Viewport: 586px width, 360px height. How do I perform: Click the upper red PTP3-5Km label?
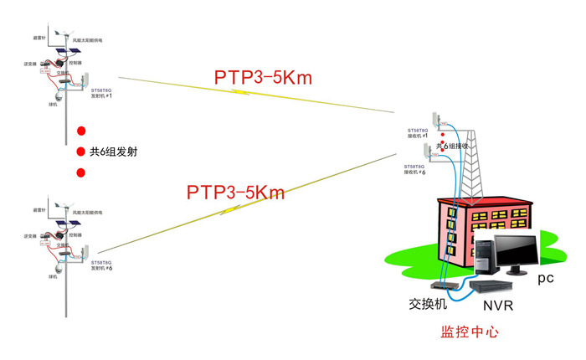tap(262, 79)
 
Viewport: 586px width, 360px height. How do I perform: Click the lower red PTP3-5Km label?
tap(235, 193)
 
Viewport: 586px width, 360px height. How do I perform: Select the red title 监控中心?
tap(469, 332)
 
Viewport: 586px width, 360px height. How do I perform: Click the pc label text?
tap(546, 276)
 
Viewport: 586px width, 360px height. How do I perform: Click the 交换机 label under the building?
tap(422, 304)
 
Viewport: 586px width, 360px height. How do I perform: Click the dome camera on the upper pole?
tap(55, 94)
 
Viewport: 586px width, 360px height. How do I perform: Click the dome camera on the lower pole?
tap(55, 264)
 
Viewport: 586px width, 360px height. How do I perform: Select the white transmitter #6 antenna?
tap(85, 250)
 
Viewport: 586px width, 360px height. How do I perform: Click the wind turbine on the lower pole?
tap(60, 205)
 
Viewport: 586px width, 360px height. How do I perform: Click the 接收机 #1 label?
tap(418, 136)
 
